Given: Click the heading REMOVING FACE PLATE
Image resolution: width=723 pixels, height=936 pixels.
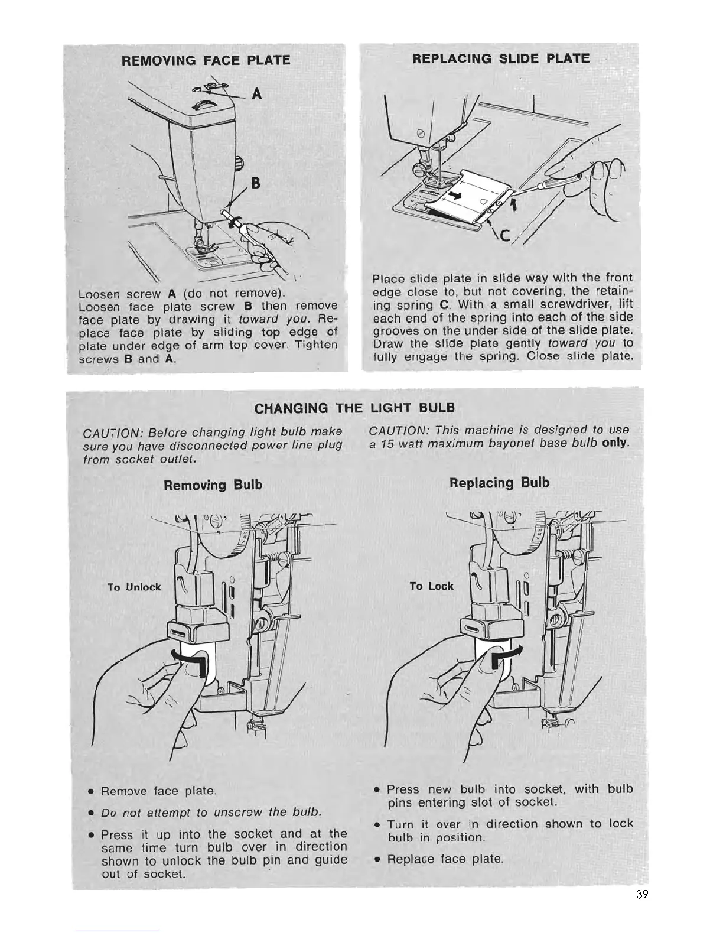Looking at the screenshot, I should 206,60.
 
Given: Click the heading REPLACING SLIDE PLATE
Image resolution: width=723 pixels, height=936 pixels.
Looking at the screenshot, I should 500,58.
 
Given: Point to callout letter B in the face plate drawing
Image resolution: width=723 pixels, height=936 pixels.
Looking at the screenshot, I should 256,183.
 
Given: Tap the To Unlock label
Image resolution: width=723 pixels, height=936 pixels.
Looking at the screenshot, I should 134,587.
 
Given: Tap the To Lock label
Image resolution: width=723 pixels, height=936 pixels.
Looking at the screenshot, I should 432,586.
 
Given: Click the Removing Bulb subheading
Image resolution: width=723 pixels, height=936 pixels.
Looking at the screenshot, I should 213,485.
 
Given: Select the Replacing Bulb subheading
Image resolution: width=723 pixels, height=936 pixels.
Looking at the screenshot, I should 499,483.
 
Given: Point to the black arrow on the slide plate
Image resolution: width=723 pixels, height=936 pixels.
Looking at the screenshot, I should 454,195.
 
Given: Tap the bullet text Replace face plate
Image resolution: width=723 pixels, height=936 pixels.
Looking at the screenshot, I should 445,858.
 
